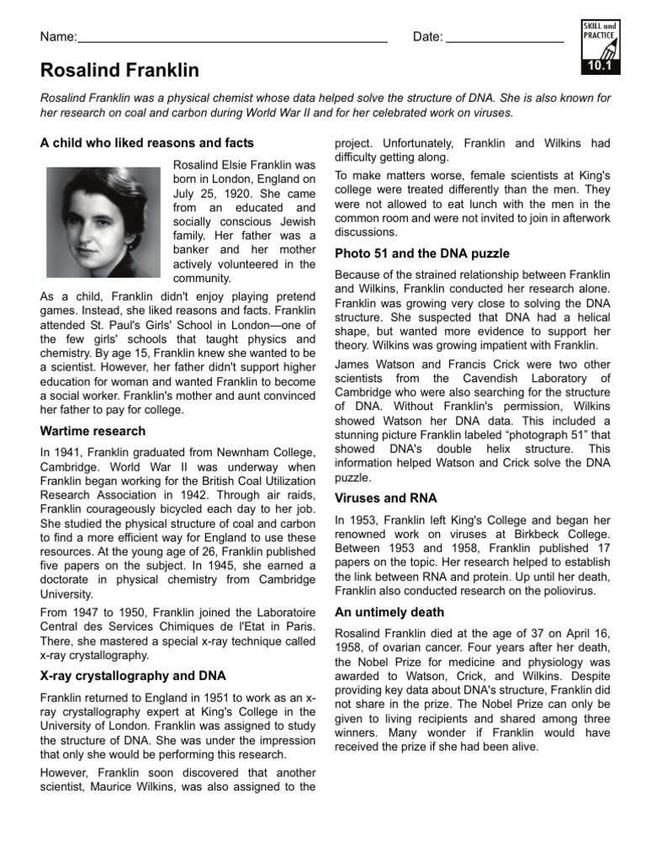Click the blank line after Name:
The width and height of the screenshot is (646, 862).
tap(231, 39)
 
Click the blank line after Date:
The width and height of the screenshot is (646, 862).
tap(504, 39)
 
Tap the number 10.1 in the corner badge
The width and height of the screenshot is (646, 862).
tap(598, 66)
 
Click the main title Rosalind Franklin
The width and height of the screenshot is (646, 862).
tap(119, 71)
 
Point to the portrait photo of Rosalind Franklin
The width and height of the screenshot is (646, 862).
tap(103, 221)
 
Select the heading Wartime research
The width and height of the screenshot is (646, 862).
tap(93, 431)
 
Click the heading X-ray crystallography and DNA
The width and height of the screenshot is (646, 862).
tap(132, 675)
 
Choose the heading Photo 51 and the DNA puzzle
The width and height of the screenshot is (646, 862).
tap(422, 253)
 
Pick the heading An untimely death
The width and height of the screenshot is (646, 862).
tap(389, 612)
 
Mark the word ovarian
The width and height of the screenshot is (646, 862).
tap(400, 646)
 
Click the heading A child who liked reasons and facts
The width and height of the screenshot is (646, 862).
tap(147, 142)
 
